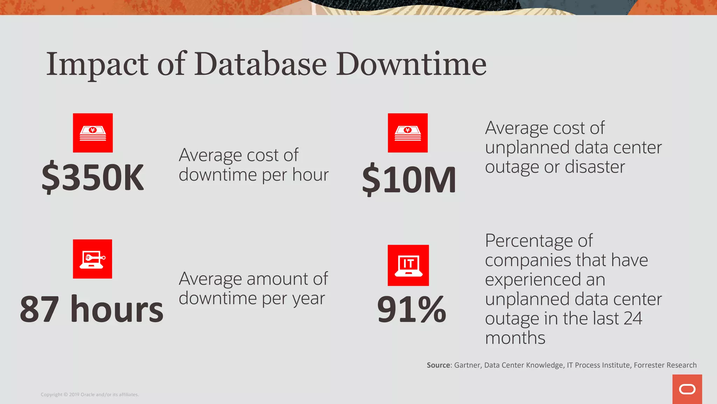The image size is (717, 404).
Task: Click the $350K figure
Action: pyautogui.click(x=93, y=177)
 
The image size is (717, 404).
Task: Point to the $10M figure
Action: pyautogui.click(x=409, y=180)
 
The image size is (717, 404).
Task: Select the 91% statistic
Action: pyautogui.click(x=411, y=309)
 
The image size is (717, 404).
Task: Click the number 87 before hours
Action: pyautogui.click(x=39, y=309)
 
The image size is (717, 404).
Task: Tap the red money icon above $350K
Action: pyautogui.click(x=93, y=133)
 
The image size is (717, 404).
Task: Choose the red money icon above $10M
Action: pyautogui.click(x=408, y=133)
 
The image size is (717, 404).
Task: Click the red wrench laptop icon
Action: pyautogui.click(x=92, y=259)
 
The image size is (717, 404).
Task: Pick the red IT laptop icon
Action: pyautogui.click(x=408, y=265)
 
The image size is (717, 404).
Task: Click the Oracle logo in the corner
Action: pyautogui.click(x=687, y=389)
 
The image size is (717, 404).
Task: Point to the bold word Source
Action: pyautogui.click(x=438, y=365)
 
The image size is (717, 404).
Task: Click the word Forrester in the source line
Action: pyautogui.click(x=650, y=365)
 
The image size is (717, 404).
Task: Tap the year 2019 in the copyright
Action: pyautogui.click(x=74, y=395)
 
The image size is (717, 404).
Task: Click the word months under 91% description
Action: pyautogui.click(x=515, y=338)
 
